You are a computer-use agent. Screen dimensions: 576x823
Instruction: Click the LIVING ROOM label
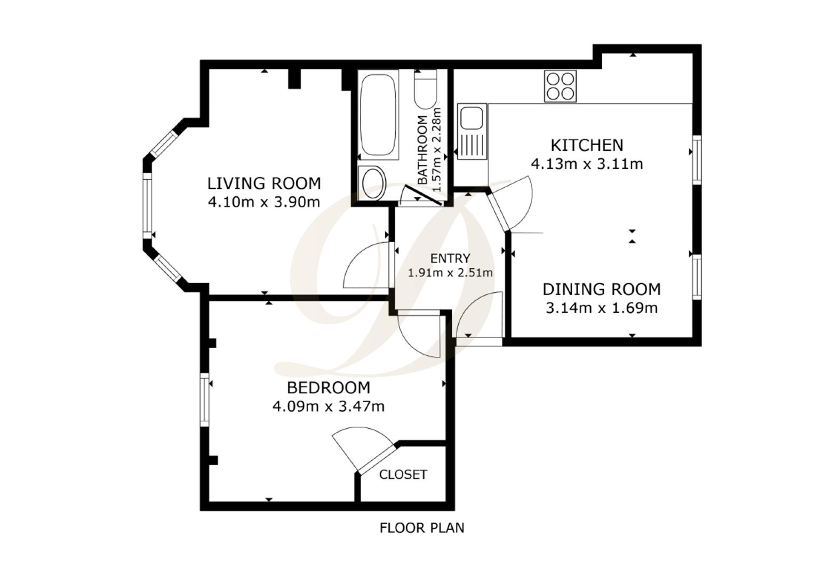[x=264, y=183]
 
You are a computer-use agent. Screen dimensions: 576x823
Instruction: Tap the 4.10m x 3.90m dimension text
[x=264, y=202]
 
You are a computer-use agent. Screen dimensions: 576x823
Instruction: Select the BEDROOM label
[x=328, y=387]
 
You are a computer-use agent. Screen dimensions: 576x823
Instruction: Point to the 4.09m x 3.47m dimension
[x=328, y=406]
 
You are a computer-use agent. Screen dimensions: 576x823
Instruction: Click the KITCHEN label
[x=587, y=145]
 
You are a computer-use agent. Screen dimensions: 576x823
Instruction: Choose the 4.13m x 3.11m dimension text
[x=587, y=164]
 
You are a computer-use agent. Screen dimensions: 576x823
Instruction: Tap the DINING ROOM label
[x=602, y=289]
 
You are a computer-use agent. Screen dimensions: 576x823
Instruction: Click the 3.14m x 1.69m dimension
[x=602, y=308]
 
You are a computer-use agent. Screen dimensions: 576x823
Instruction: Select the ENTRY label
[x=450, y=259]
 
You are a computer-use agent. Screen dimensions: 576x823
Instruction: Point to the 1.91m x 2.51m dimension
[x=450, y=273]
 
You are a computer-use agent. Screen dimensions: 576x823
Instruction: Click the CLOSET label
[x=403, y=475]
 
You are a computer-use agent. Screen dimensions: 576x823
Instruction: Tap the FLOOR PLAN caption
[x=422, y=528]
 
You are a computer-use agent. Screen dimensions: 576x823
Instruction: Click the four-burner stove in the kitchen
[x=560, y=86]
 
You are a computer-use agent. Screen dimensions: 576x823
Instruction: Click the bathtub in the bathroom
[x=378, y=115]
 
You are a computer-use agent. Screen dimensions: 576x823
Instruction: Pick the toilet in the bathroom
[x=426, y=90]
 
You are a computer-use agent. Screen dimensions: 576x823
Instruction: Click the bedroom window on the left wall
[x=204, y=399]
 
